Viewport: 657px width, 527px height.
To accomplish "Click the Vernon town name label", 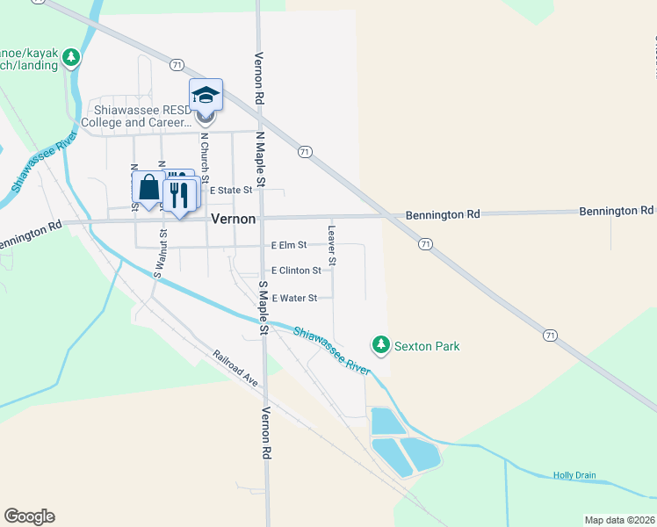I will pos(233,220).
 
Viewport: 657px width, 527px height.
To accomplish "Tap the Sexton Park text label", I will pos(427,346).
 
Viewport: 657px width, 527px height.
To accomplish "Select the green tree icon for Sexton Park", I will pos(380,345).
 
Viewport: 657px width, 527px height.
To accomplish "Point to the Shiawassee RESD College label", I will pos(144,116).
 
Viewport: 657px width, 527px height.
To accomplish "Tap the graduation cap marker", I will pos(206,95).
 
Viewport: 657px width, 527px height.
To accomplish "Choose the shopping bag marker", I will pos(148,188).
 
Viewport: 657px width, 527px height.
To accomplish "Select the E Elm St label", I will pos(288,245).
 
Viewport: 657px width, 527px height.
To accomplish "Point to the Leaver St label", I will pos(332,245).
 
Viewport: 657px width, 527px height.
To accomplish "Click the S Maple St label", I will pos(263,307).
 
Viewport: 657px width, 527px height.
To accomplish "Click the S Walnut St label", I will pos(159,254).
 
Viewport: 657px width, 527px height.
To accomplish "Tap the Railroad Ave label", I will pos(235,369).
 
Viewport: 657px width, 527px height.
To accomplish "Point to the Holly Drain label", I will pos(574,475).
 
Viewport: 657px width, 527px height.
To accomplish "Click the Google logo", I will pos(29,516).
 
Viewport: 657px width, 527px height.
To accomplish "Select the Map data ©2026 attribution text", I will pos(620,520).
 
